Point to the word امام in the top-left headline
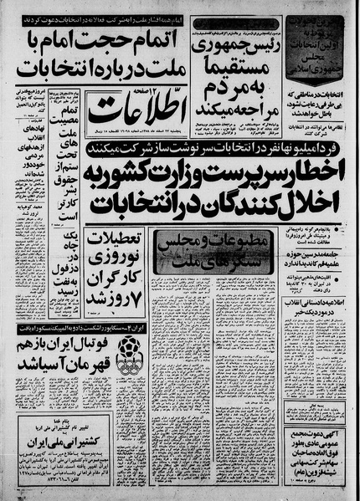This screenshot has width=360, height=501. [x=80, y=38]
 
